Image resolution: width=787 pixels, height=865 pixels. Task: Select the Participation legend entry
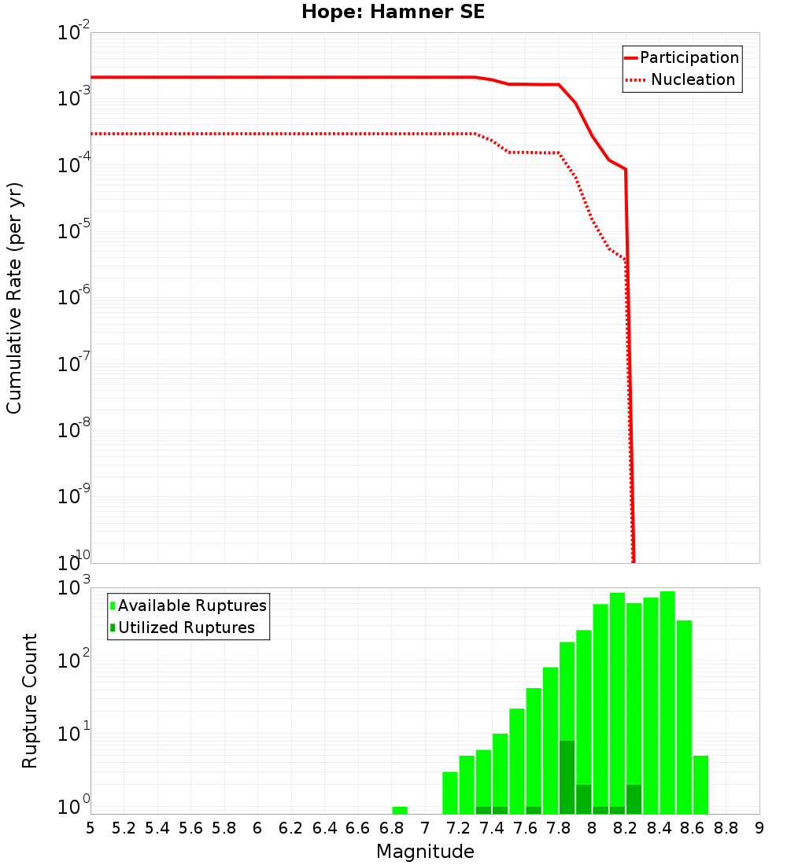tap(689, 57)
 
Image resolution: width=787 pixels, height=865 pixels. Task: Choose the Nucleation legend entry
tap(693, 79)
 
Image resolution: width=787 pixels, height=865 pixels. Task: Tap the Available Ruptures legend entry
tap(192, 605)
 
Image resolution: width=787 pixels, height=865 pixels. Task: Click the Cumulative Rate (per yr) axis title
tap(14, 298)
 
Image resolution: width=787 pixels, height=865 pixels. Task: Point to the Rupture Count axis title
tap(30, 701)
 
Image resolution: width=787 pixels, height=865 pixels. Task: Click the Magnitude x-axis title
tap(425, 851)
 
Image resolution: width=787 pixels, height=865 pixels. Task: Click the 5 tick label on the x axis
tap(91, 828)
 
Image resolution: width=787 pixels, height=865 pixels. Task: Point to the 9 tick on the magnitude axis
tap(759, 828)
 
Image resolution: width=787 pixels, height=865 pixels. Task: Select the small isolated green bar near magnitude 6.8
tap(400, 810)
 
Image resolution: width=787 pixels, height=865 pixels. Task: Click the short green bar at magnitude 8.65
tap(700, 785)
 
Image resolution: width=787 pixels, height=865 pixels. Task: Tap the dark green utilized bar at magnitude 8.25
tap(634, 799)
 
